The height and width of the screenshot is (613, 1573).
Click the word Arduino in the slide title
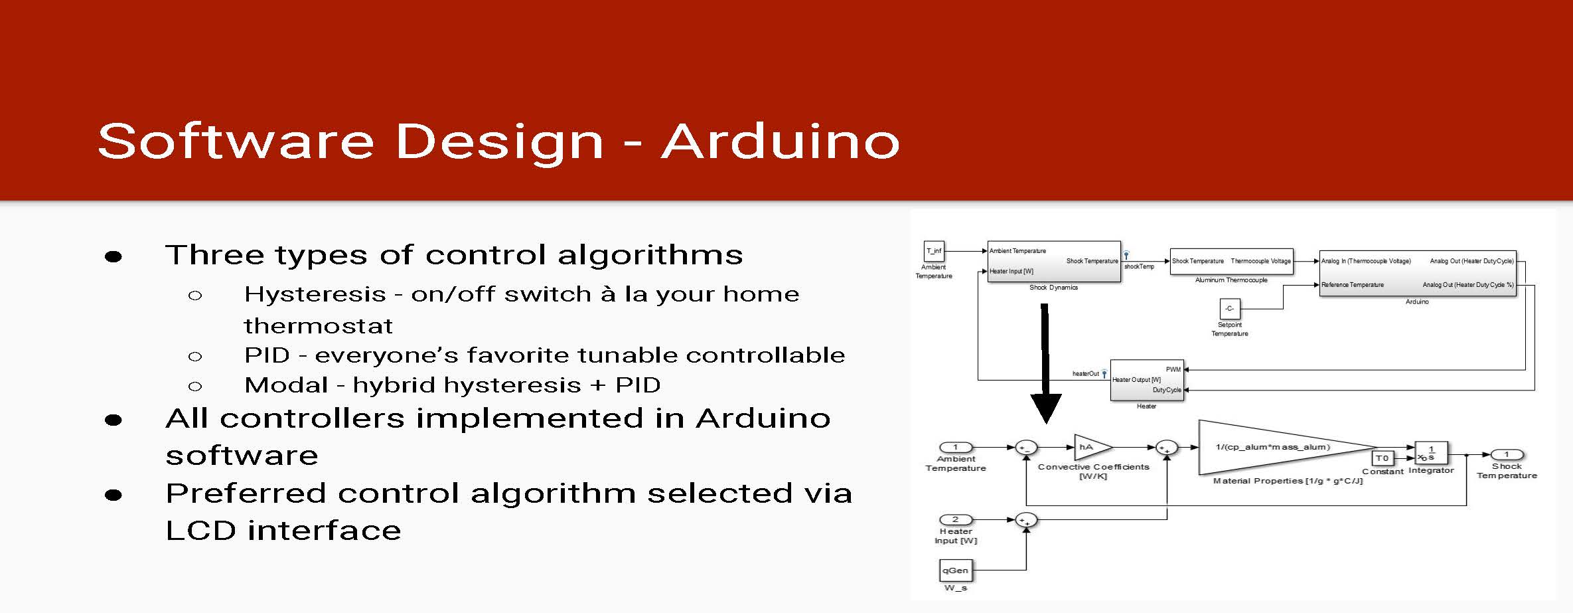781,141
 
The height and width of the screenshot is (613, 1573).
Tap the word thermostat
319,326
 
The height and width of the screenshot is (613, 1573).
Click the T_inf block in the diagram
934,251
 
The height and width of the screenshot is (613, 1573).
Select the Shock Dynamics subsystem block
1054,262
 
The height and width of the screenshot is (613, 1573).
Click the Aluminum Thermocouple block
1231,262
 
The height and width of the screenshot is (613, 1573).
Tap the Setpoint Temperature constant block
1229,309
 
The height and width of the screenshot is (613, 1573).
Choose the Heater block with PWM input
1147,380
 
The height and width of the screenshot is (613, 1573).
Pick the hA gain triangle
1092,448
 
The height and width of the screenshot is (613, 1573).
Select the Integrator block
1431,453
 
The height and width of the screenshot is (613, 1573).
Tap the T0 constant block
1383,458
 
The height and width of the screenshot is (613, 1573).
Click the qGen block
956,570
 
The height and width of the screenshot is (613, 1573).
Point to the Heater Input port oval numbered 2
956,519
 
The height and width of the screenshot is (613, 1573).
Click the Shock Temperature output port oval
1507,455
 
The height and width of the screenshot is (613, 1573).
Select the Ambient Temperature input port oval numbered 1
956,448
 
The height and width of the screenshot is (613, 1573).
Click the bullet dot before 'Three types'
113,256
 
